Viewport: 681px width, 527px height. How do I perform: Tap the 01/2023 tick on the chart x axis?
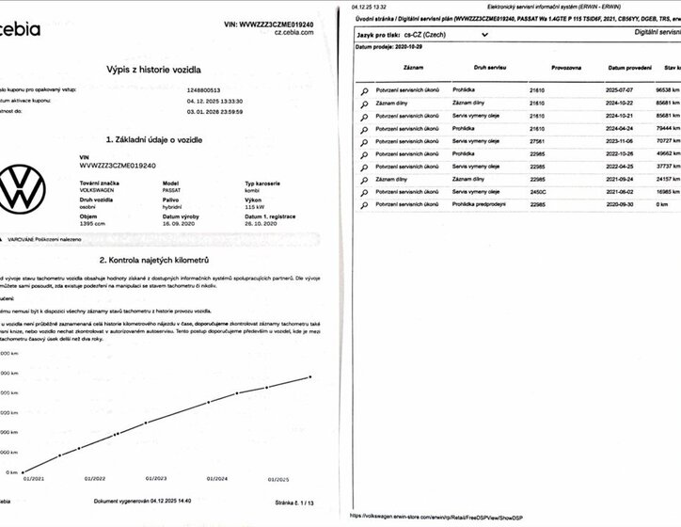tap(154, 479)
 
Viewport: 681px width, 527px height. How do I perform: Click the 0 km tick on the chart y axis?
tap(12, 472)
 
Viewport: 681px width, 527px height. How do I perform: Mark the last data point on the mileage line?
tap(309, 377)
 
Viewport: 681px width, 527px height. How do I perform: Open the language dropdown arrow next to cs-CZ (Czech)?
tap(483, 33)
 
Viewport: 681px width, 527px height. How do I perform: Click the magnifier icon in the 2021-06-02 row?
tap(363, 191)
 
